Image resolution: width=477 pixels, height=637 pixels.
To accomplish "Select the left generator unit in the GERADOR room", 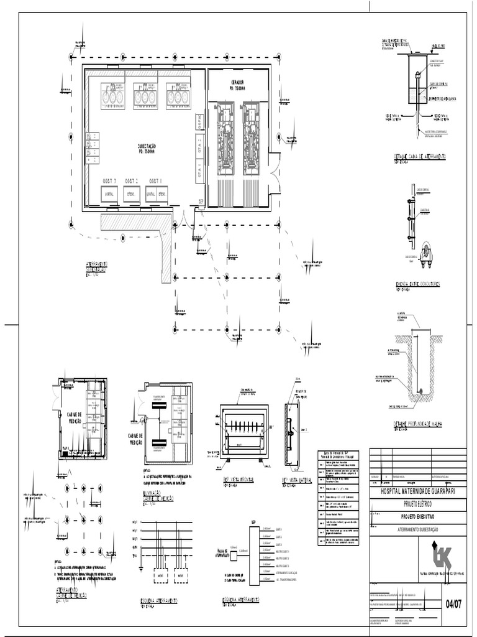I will coord(225,137).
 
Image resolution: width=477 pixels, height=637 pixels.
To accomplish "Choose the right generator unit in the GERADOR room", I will coord(252,137).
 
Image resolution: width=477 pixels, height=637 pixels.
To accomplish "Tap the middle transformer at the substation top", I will coord(143,96).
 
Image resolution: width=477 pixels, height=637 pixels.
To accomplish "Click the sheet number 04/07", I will coord(453,603).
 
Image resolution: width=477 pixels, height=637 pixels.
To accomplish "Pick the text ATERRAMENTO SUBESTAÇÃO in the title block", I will coord(417,529).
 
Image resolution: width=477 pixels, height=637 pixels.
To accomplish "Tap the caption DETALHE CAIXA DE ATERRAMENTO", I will coord(420,157).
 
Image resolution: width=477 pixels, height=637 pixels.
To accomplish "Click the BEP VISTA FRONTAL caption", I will coord(236,480).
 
